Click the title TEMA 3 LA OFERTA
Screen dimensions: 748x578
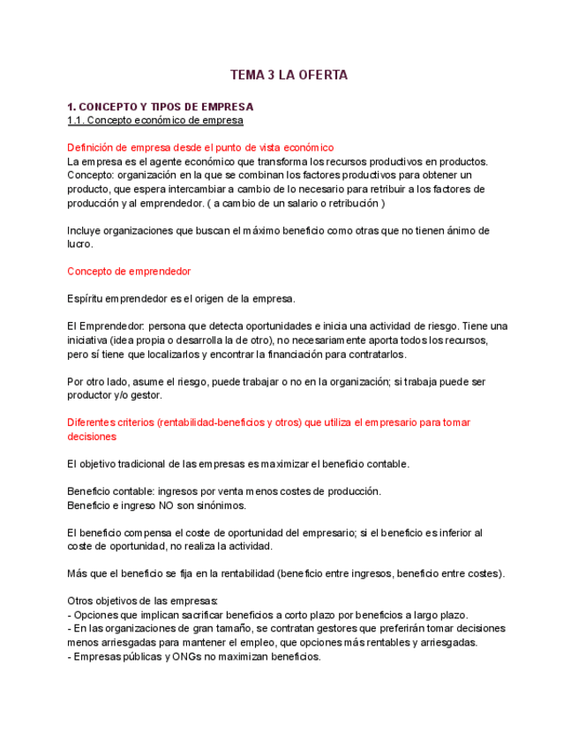289,75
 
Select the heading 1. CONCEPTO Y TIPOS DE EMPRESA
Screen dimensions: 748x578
160,107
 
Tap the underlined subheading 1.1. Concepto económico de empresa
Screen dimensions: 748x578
155,120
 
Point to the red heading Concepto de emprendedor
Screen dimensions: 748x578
129,271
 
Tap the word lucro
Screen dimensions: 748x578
79,243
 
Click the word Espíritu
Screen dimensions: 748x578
86,298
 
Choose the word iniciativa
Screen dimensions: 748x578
90,340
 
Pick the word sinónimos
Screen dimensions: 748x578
219,505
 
